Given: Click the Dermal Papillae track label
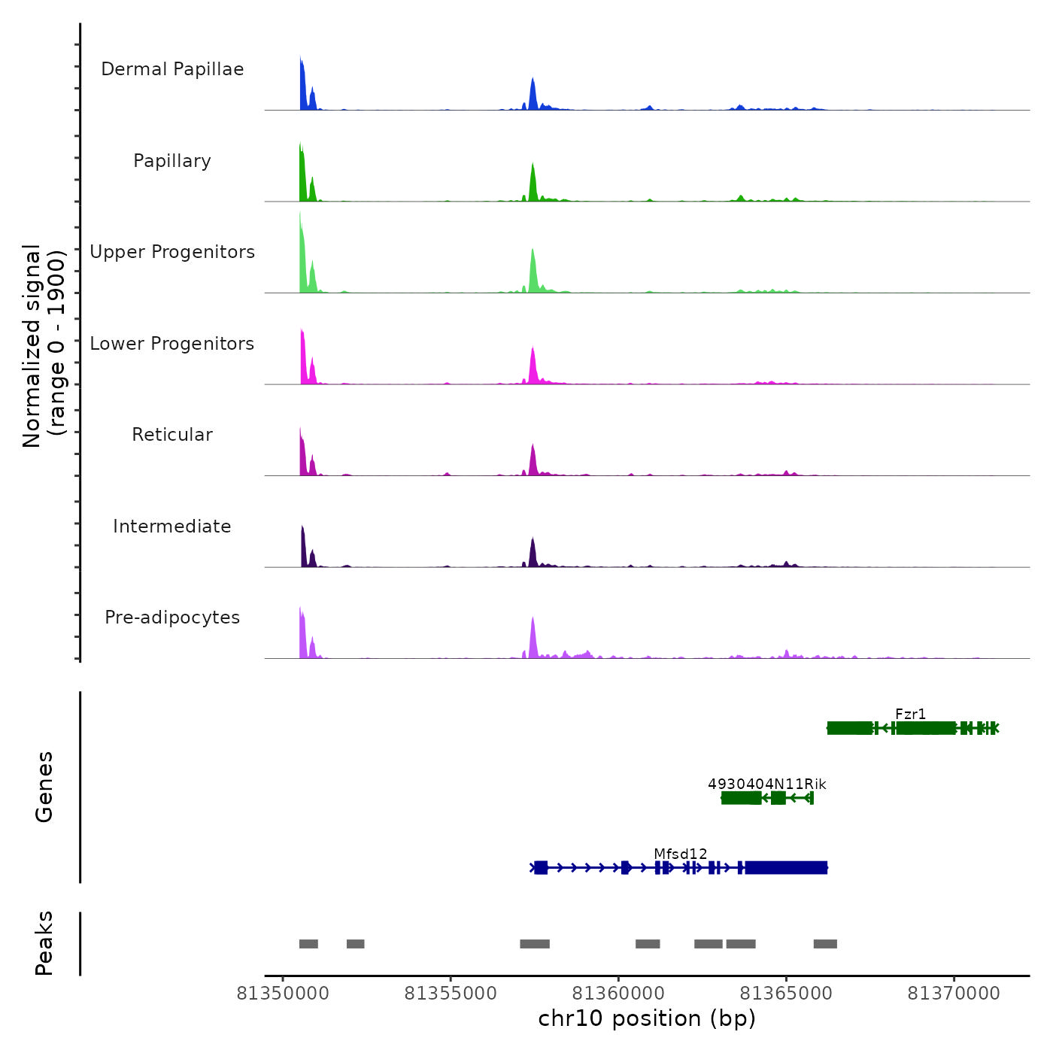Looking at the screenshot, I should tap(172, 69).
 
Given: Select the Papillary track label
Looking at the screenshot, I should tap(172, 161).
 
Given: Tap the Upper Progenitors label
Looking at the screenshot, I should tap(172, 252).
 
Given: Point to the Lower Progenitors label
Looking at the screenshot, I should tap(172, 344).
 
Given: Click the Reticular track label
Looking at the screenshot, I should tap(172, 435).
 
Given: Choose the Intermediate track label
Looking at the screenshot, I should tap(172, 526).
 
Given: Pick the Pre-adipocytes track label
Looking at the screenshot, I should tap(172, 618).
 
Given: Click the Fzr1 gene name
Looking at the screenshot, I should tap(910, 714).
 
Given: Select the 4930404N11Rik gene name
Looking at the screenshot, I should tap(766, 784).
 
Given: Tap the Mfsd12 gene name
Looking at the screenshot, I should tap(680, 854).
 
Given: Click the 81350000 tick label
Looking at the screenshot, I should tap(283, 994).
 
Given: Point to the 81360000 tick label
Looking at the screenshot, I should tap(618, 994).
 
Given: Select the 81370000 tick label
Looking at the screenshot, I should tap(954, 994).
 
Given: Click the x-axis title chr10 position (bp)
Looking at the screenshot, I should tap(647, 1018).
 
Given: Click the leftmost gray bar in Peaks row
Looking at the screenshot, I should tap(308, 944).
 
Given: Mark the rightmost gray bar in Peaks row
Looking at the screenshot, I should tap(825, 944).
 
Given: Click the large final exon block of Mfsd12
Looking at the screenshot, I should tap(785, 868).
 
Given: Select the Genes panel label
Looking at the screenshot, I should tap(44, 787).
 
